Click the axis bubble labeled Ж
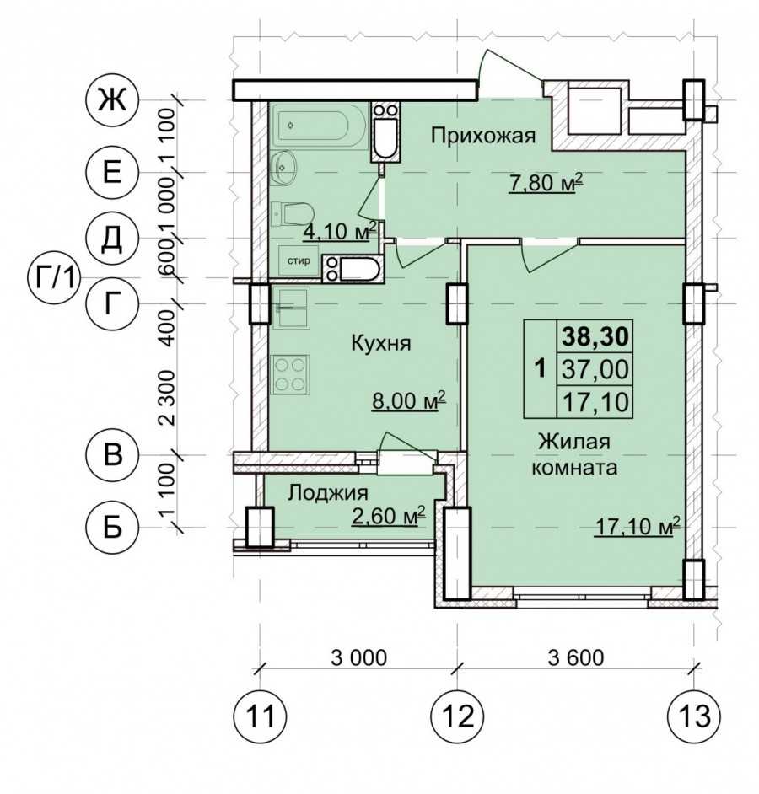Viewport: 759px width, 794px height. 112,99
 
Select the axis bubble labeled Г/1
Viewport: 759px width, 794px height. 52,278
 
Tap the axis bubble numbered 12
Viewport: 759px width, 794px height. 457,716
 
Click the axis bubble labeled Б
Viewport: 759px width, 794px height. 112,527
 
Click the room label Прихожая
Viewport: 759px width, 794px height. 483,137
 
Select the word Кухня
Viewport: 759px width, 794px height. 381,344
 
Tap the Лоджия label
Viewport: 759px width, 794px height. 328,492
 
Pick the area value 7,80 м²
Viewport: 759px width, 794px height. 546,183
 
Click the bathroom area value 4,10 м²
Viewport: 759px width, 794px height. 340,232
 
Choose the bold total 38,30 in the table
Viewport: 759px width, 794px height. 595,336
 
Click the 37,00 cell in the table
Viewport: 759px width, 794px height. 595,369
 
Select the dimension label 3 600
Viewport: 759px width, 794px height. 576,657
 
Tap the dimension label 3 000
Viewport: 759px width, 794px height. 359,657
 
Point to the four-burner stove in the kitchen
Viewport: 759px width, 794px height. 291,375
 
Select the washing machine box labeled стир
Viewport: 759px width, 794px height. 299,261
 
